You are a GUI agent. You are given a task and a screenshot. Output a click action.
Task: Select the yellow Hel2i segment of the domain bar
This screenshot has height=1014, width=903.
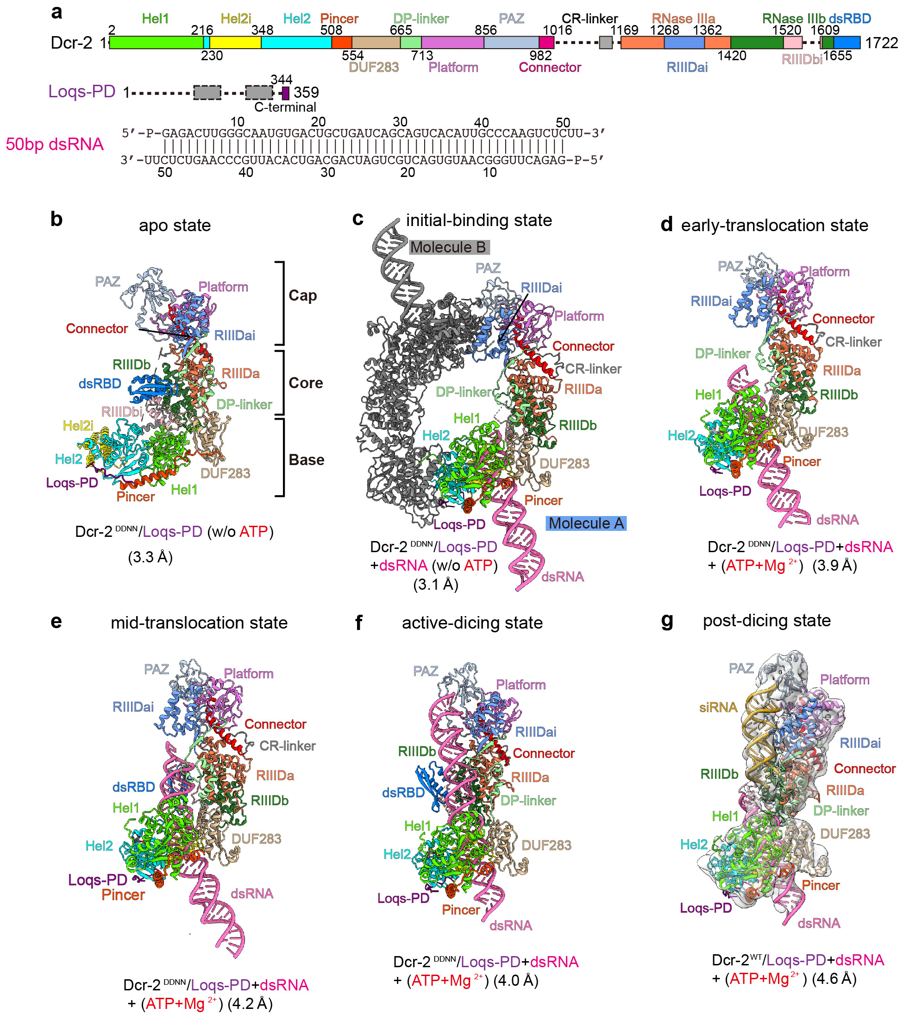click(235, 43)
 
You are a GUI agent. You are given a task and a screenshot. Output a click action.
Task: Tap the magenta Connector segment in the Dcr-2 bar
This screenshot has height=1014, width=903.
click(546, 43)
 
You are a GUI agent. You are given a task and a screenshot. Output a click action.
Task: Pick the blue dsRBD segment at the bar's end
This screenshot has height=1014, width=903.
click(847, 43)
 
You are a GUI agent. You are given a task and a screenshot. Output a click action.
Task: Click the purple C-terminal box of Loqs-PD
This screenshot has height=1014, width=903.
click(285, 93)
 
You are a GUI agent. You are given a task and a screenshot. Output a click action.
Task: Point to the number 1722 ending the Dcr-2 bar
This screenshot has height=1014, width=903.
click(881, 43)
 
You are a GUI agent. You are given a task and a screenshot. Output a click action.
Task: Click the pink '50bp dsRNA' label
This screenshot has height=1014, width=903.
click(55, 144)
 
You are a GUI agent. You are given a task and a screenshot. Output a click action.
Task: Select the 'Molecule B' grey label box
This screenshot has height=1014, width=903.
click(449, 247)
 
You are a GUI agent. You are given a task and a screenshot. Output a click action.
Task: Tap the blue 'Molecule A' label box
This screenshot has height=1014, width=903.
click(586, 523)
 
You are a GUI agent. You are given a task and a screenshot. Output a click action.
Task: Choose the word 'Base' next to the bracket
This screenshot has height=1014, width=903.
click(306, 460)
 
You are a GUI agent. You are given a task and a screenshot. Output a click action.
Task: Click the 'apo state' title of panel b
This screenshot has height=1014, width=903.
click(175, 225)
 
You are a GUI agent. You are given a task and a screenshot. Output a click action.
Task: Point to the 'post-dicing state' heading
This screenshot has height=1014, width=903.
click(766, 620)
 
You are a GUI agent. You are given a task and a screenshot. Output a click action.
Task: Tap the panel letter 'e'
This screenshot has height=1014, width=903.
click(56, 621)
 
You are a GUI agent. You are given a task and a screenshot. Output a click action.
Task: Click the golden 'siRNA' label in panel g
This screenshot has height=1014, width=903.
click(718, 707)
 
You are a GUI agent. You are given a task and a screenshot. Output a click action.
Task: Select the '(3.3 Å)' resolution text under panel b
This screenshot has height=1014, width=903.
click(150, 557)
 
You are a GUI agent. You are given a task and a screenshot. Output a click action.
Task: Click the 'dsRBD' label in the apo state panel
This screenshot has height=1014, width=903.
click(100, 383)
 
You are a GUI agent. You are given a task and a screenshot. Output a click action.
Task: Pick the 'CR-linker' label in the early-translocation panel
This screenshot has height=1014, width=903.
click(853, 342)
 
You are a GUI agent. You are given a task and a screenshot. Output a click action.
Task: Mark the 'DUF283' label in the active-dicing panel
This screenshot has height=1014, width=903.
click(546, 845)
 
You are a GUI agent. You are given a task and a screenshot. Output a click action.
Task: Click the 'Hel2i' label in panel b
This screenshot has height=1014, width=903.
click(78, 425)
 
